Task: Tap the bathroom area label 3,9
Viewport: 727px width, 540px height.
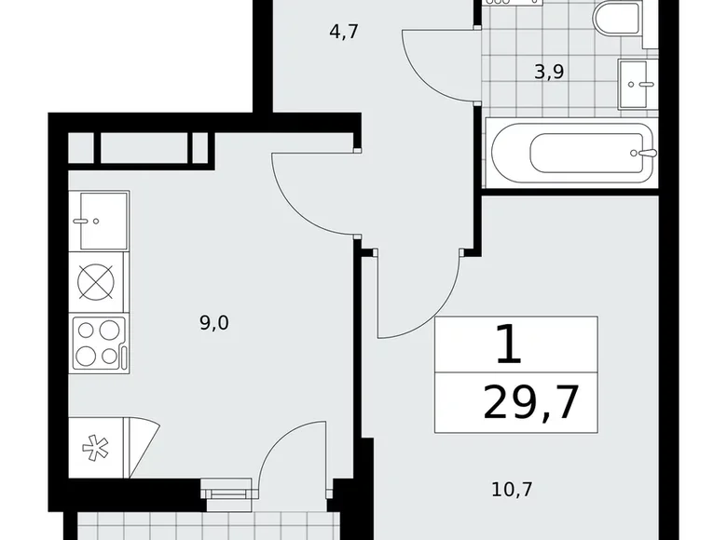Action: (549, 71)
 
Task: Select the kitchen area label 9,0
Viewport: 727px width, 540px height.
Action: (213, 323)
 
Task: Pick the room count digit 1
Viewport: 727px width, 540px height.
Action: (508, 346)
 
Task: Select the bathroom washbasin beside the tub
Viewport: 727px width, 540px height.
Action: (639, 84)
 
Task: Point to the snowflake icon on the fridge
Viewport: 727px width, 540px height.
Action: (95, 449)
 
